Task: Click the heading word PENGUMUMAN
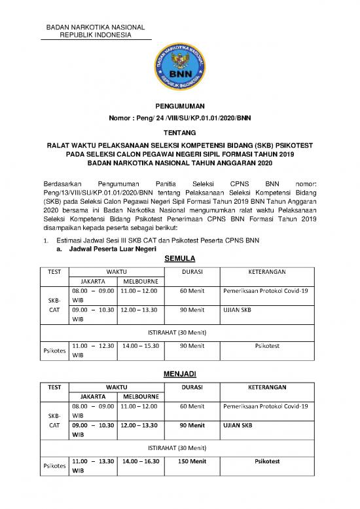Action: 179,105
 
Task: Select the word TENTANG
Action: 179,130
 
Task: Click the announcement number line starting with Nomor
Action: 179,117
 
